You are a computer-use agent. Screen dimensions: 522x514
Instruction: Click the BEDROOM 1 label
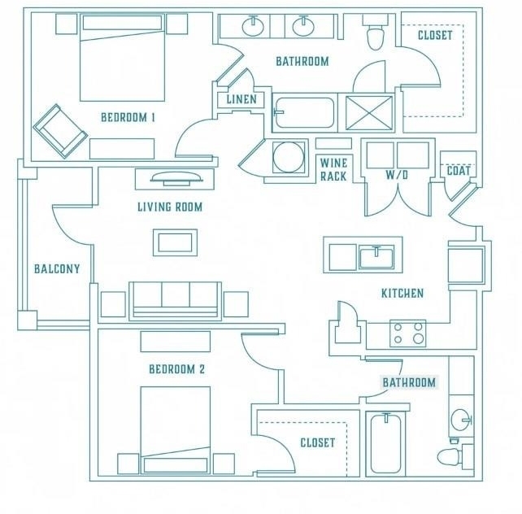click(128, 117)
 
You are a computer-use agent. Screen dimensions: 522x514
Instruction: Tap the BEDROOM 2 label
click(176, 369)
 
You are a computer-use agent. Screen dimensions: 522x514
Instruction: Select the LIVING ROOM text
click(170, 207)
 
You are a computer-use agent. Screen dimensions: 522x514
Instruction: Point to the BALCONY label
click(57, 268)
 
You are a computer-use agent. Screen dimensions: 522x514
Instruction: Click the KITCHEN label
click(402, 294)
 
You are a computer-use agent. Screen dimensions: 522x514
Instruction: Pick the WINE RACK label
click(333, 170)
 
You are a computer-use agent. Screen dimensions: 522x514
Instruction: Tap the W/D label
click(397, 175)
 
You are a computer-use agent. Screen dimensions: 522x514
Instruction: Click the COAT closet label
click(459, 171)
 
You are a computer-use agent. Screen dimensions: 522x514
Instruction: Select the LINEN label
click(241, 99)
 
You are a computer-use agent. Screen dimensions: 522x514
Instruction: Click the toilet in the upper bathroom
click(375, 33)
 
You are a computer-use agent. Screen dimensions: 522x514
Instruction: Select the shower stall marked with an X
click(369, 112)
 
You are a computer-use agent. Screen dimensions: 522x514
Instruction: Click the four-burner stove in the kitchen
click(408, 333)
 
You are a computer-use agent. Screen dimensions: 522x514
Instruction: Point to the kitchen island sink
click(376, 256)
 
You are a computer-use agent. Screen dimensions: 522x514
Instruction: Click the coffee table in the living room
click(175, 242)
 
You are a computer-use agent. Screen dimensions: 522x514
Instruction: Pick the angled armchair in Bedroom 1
click(60, 131)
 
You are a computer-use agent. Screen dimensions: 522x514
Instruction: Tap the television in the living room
click(176, 178)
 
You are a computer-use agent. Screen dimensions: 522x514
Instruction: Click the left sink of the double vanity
click(253, 26)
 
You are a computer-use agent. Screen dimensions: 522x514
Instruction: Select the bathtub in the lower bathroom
click(385, 442)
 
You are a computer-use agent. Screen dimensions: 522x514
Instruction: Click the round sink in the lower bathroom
click(461, 420)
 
